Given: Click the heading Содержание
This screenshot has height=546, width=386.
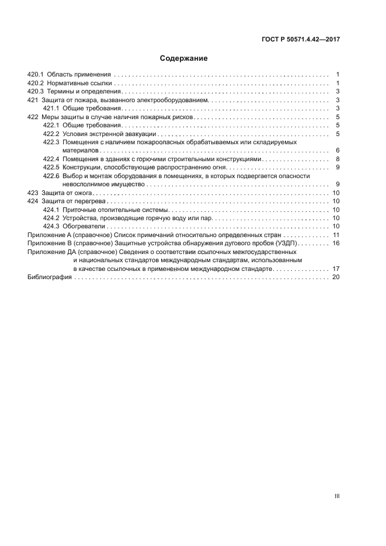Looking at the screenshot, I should coord(184,58).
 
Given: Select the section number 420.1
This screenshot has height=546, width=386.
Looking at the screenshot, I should coord(36,75).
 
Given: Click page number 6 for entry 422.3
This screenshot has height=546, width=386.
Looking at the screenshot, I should coord(338,151).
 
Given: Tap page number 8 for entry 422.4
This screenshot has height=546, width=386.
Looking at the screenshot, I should coord(338,159).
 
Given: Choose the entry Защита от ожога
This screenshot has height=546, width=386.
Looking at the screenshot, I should coord(66,193).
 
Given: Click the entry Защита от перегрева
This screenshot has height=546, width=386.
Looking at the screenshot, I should coord(72,201).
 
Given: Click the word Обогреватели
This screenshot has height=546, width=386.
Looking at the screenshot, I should coord(84,226).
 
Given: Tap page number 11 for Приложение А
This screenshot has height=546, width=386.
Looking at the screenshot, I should coord(336,235).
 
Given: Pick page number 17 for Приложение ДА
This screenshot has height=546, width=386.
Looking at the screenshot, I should coord(336,269).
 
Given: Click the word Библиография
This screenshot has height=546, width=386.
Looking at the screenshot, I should coord(50,277).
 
